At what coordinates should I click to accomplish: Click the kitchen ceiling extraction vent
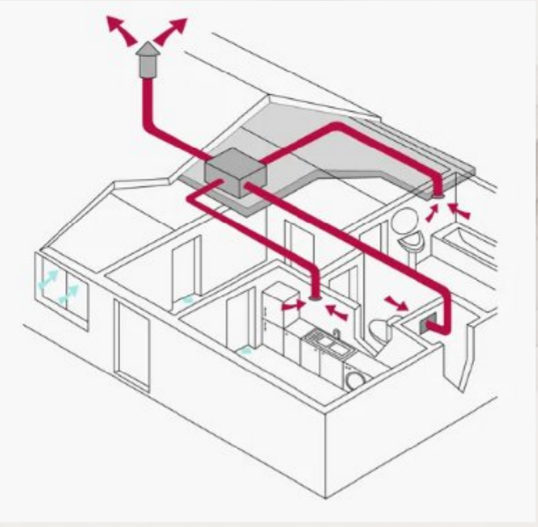(316, 298)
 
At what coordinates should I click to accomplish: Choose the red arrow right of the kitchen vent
(337, 310)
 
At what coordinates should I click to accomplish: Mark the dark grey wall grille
(430, 322)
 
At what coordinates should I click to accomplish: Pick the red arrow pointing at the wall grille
(397, 303)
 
